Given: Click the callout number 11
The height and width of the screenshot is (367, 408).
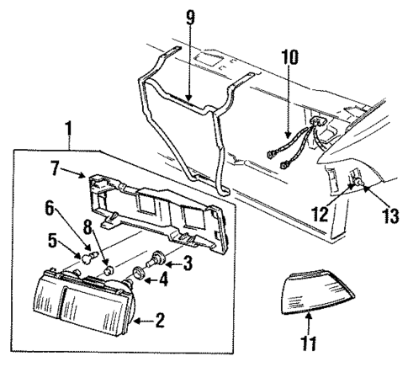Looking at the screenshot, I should [x=310, y=344].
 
